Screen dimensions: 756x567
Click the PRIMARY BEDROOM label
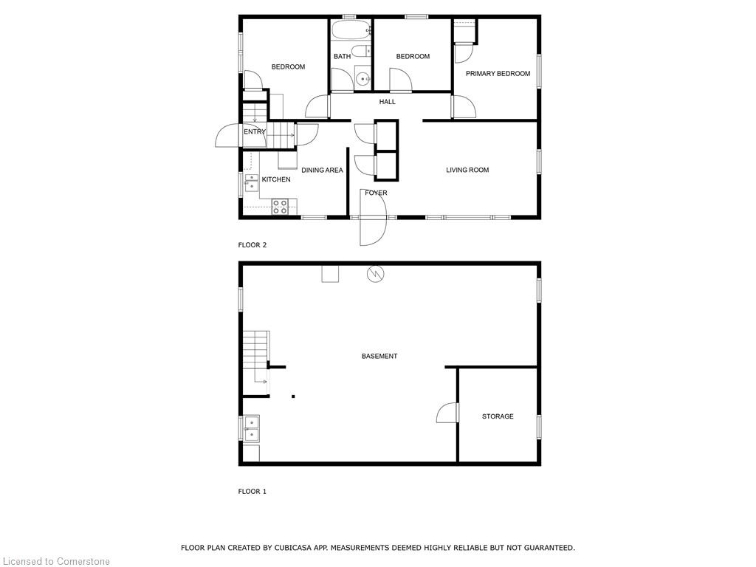point(498,74)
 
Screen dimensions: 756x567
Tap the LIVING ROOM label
point(467,170)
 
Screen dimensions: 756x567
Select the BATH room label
point(343,56)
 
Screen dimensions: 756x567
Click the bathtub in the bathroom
point(351,30)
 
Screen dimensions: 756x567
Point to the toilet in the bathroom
point(360,51)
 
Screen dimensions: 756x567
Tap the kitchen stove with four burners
point(280,207)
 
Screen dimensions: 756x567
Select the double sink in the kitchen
point(251,183)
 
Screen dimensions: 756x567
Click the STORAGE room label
point(498,416)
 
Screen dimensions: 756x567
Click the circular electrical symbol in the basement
point(376,275)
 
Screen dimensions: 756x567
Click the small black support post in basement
point(293,396)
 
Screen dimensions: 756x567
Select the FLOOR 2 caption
point(252,245)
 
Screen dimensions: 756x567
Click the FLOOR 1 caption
point(252,491)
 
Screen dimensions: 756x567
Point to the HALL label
point(387,102)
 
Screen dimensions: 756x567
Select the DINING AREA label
point(322,171)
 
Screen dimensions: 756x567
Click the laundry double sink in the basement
point(252,429)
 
